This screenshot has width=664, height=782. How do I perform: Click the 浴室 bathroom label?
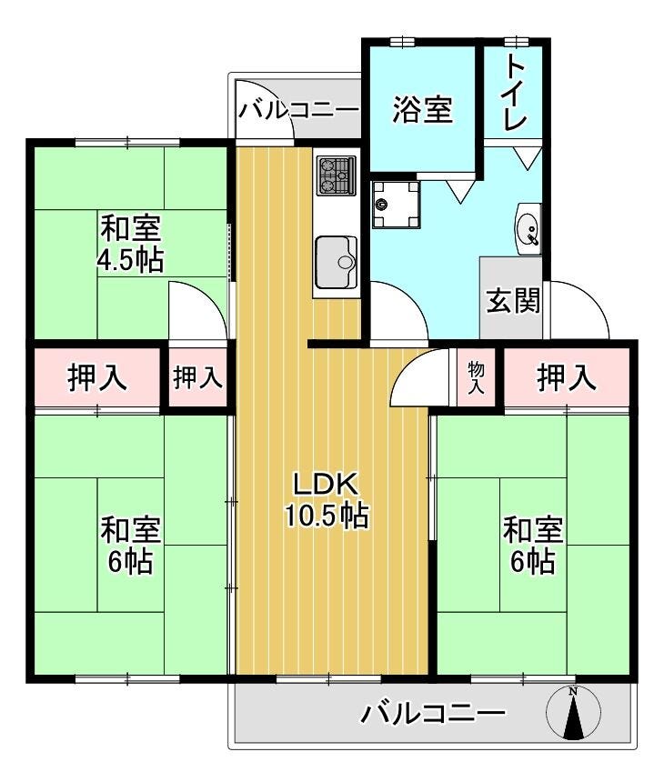423,110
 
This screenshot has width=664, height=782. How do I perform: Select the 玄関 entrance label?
513,301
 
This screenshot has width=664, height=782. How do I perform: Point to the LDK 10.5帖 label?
327,500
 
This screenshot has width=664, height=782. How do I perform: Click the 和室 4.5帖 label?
130,244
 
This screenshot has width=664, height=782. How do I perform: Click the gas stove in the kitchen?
337,176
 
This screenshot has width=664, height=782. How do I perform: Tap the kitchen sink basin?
337,262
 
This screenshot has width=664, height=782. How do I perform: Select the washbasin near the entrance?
528,229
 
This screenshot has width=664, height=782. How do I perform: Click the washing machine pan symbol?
396,204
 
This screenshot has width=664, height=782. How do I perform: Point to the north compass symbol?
573,712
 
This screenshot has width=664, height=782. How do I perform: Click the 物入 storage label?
476,378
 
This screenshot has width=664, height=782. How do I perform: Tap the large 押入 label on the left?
97,377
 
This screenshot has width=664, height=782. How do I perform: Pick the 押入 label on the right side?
567,377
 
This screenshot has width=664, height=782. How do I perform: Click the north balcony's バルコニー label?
297,110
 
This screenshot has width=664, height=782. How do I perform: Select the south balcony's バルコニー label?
433,714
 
